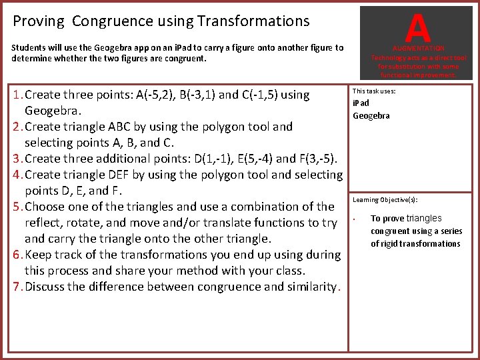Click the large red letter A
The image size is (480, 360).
tap(417, 27)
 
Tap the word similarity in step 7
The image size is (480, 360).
tap(307, 287)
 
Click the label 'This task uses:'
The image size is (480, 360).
tap(374, 91)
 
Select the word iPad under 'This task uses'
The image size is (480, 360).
tap(361, 103)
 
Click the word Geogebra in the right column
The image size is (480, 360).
tap(371, 115)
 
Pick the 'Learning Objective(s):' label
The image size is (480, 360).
tap(385, 200)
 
